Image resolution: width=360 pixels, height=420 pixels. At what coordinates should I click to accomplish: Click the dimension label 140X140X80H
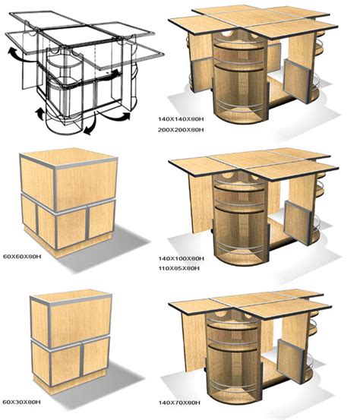181,119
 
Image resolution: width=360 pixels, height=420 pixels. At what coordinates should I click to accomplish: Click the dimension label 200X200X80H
181,130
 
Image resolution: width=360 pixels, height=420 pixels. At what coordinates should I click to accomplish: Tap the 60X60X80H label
22,257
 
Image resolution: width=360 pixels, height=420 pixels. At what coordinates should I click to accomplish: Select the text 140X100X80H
182,259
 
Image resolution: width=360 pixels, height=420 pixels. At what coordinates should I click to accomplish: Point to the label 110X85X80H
179,268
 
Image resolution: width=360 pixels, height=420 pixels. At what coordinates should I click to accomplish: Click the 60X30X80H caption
22,402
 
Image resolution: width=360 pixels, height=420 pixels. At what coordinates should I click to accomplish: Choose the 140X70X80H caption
179,403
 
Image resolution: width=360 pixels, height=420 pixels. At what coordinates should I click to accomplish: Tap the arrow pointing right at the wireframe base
115,116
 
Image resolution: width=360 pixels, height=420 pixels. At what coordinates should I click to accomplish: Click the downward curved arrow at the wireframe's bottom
91,126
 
